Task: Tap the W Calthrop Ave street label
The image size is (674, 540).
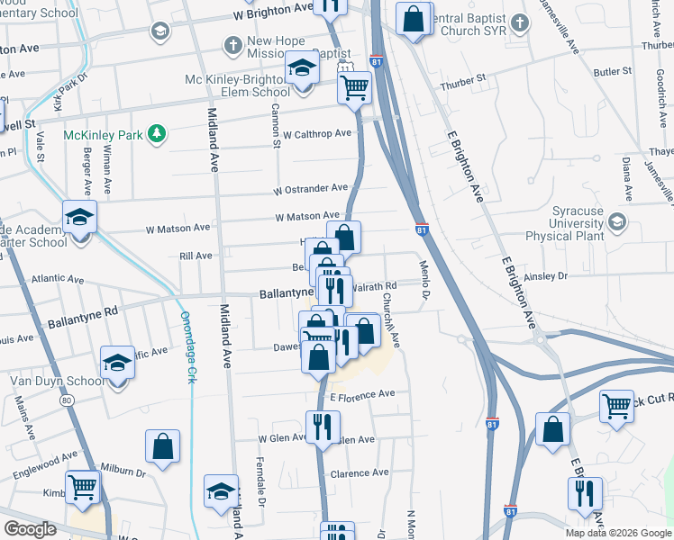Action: [x=316, y=133]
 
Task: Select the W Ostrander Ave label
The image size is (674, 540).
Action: [x=311, y=188]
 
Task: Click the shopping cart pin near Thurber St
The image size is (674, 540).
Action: [x=355, y=88]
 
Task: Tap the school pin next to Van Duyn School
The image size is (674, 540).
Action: [x=117, y=364]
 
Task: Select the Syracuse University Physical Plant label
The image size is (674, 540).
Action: [x=577, y=223]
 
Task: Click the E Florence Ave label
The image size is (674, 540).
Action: [x=362, y=394]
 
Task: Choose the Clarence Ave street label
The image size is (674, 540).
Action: [x=360, y=472]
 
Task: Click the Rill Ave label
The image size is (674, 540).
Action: [x=196, y=256]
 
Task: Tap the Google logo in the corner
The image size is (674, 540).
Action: [x=32, y=529]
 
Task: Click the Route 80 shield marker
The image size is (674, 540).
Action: [x=68, y=399]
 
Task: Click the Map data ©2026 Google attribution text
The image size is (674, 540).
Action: [x=617, y=533]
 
